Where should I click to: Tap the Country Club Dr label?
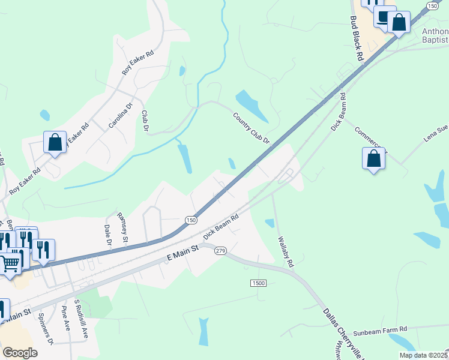click(x=252, y=128)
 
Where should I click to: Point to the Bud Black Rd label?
click(x=357, y=38)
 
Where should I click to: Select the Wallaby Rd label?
click(x=286, y=251)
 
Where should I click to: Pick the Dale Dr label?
click(x=108, y=236)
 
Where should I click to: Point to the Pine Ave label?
click(x=66, y=318)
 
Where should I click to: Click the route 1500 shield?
click(x=258, y=283)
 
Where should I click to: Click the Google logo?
click(x=20, y=353)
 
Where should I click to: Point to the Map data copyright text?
click(x=423, y=355)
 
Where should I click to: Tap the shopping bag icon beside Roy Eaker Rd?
click(x=55, y=143)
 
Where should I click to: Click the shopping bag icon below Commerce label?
click(x=373, y=159)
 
